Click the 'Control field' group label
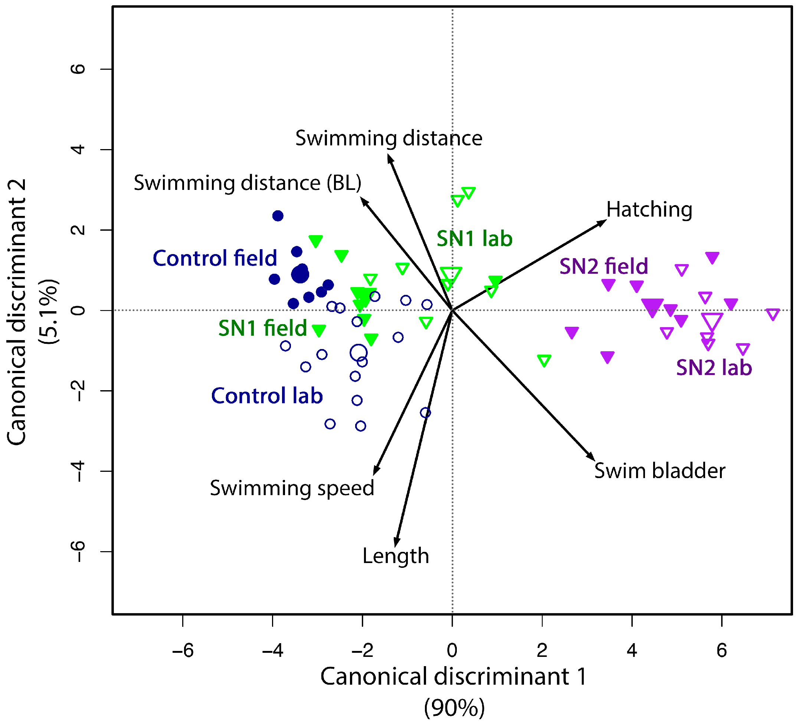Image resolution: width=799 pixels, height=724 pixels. pyautogui.click(x=215, y=258)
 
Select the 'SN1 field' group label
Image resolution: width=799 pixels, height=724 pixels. pyautogui.click(x=262, y=328)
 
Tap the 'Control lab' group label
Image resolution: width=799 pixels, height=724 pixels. pyautogui.click(x=267, y=396)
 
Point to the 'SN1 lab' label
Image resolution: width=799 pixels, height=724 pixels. pyautogui.click(x=474, y=239)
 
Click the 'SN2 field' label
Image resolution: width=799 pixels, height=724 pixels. pyautogui.click(x=603, y=266)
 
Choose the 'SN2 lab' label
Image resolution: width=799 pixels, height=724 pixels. pyautogui.click(x=714, y=368)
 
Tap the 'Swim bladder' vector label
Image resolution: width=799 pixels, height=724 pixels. pyautogui.click(x=659, y=471)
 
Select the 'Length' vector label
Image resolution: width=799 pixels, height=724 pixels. pyautogui.click(x=396, y=556)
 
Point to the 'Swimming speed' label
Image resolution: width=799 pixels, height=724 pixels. pyautogui.click(x=292, y=488)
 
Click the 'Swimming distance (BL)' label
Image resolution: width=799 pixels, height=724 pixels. pyautogui.click(x=247, y=183)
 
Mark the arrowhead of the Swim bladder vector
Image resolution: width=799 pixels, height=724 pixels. pyautogui.click(x=592, y=457)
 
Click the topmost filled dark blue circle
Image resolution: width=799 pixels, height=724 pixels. pyautogui.click(x=278, y=216)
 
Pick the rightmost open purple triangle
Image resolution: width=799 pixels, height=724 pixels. pyautogui.click(x=772, y=314)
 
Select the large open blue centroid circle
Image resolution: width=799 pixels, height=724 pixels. pyautogui.click(x=358, y=352)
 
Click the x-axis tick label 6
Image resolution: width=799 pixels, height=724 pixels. pyautogui.click(x=722, y=650)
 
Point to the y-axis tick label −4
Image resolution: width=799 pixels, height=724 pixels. pyautogui.click(x=78, y=471)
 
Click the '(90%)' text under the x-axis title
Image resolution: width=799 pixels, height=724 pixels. pyautogui.click(x=454, y=708)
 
